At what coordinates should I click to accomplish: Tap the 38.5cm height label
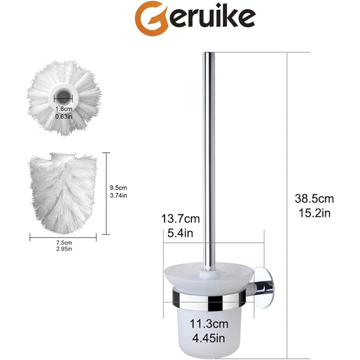[x=314, y=199]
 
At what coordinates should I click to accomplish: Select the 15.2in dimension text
[x=314, y=213]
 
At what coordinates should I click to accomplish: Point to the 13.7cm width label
[x=181, y=219]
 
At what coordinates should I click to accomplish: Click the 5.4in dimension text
[x=180, y=233]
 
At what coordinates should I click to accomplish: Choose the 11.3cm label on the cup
[x=209, y=324]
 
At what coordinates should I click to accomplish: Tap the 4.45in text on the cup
[x=209, y=338]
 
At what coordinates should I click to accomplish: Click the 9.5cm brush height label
[x=118, y=188]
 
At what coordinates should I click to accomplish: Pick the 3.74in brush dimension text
[x=118, y=195]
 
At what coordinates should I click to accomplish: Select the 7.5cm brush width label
[x=64, y=242]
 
